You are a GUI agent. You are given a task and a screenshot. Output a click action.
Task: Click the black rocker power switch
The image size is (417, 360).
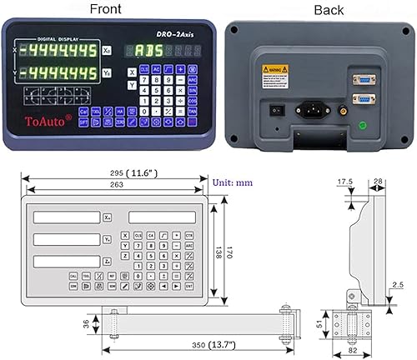(x=271, y=107)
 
